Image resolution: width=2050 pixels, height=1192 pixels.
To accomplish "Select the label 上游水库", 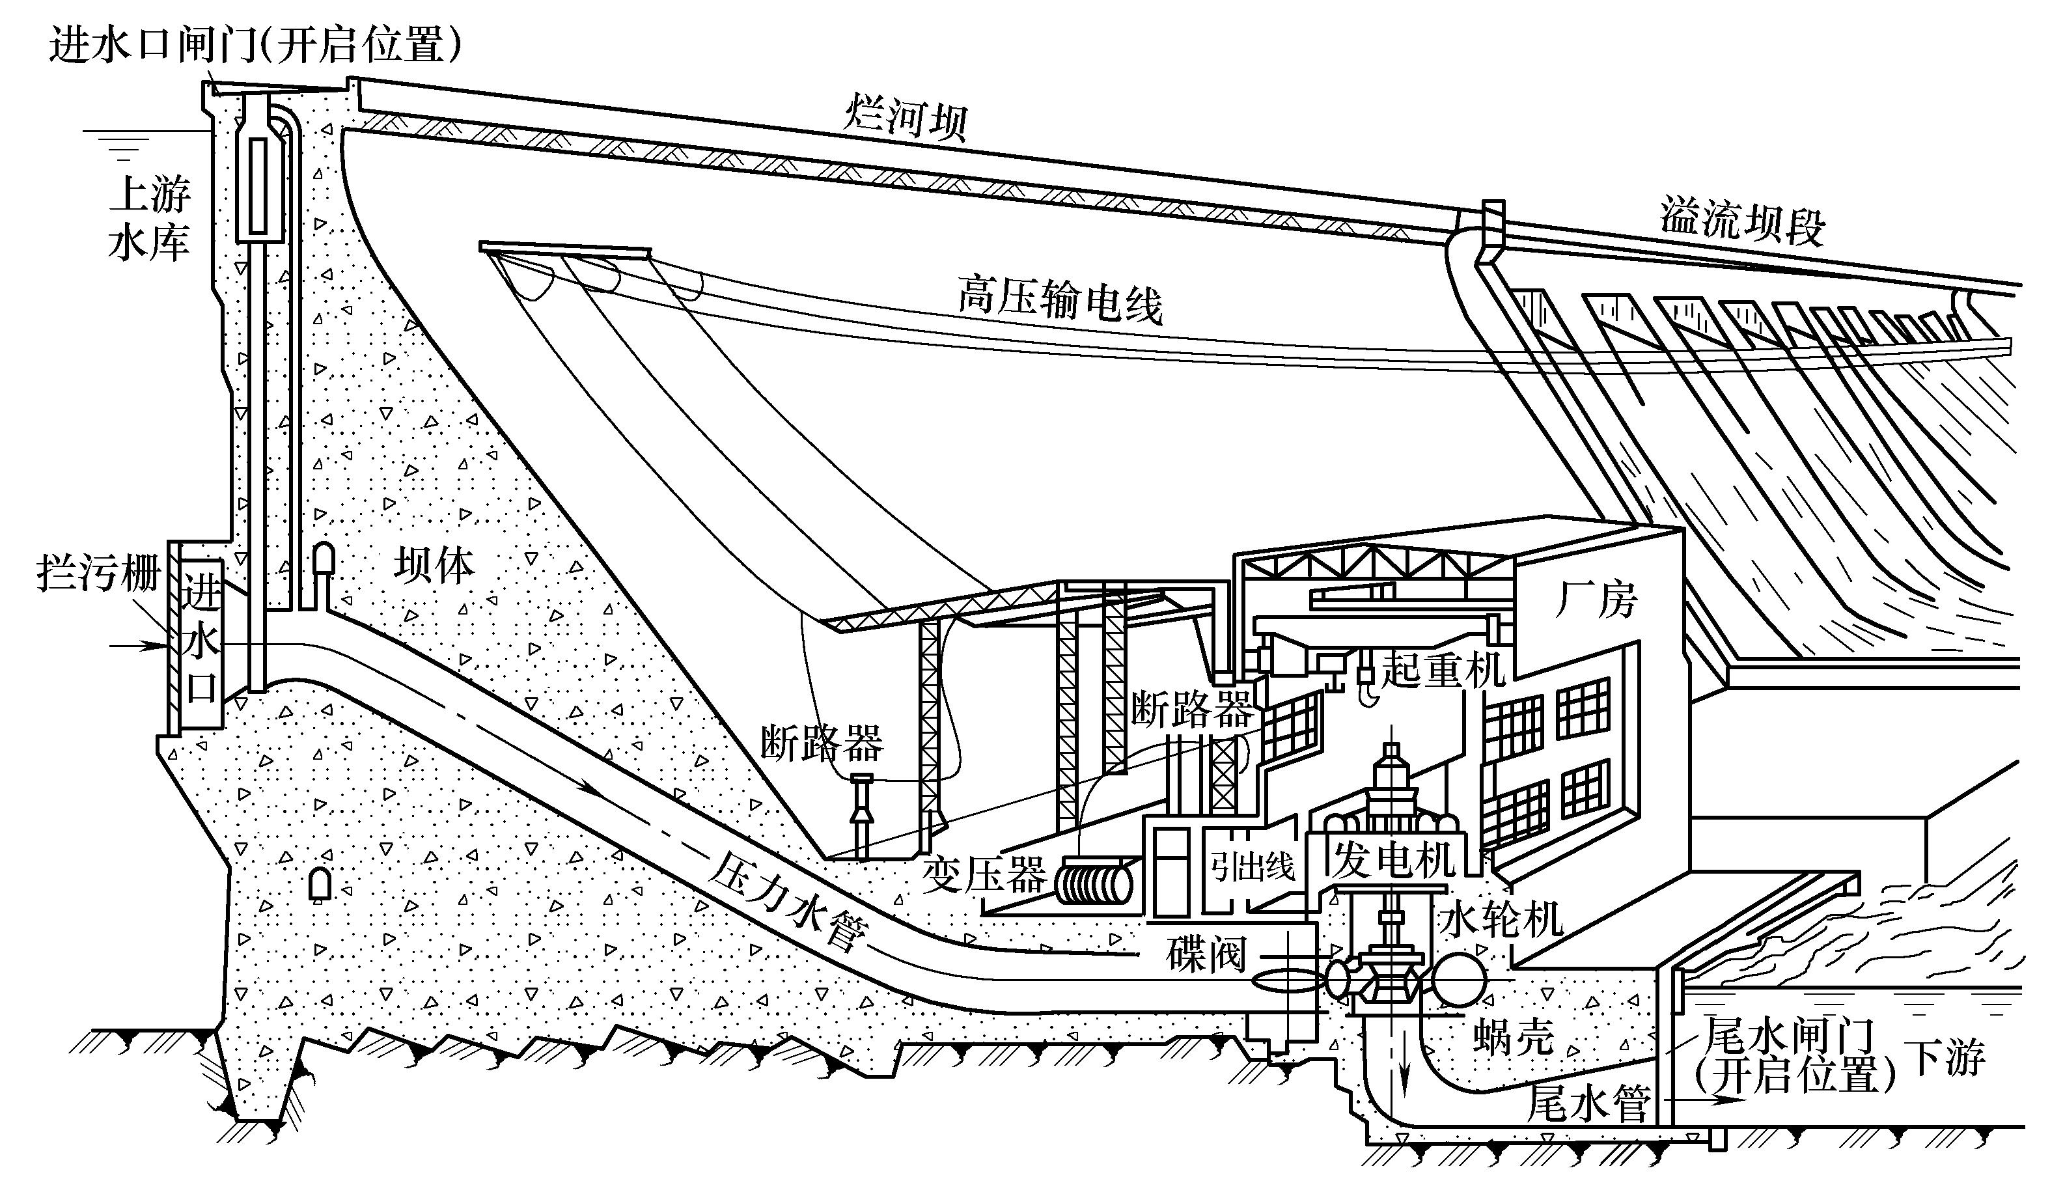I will (150, 219).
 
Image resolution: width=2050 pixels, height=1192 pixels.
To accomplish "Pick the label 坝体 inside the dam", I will (434, 564).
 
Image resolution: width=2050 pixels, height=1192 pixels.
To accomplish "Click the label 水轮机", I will (1501, 919).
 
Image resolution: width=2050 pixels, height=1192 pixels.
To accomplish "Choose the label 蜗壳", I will (1514, 1038).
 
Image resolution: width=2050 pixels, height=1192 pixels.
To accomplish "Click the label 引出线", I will (1253, 867).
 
